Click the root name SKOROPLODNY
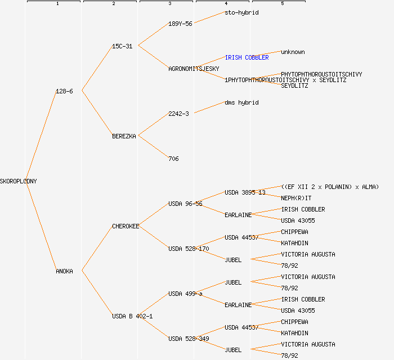tap(19, 181)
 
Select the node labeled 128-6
tap(64, 91)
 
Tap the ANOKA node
tap(64, 271)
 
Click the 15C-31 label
tap(122, 46)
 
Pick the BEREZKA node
tap(124, 136)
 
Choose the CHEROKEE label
tap(126, 226)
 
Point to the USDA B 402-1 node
tap(132, 316)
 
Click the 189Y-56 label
tap(180, 24)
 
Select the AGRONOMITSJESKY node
tap(194, 69)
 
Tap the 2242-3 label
tap(178, 114)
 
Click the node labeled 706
tap(173, 159)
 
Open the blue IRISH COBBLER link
tap(247, 57)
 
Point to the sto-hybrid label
tap(241, 12)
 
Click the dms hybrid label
tap(241, 102)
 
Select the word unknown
tap(293, 52)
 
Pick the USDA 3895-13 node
tap(245, 192)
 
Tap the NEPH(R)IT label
tap(296, 198)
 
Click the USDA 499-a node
tap(185, 294)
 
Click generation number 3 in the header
tap(169, 4)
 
